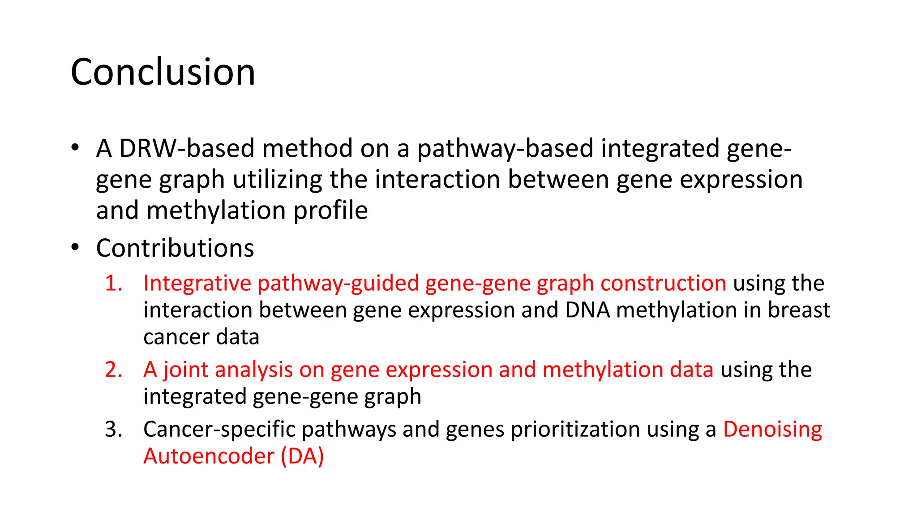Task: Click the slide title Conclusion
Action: coord(163,72)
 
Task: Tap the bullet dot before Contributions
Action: coord(75,247)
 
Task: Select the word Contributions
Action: coord(175,248)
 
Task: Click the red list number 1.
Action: coord(113,284)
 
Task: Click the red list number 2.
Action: coord(113,370)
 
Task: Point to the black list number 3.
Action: coord(113,430)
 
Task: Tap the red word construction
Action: coord(663,284)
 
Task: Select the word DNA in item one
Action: coord(587,310)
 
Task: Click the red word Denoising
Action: coord(772,430)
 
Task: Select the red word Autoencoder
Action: coord(209,456)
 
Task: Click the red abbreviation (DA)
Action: coord(302,456)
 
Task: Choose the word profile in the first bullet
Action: coord(330,211)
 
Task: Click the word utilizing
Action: coord(277,180)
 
